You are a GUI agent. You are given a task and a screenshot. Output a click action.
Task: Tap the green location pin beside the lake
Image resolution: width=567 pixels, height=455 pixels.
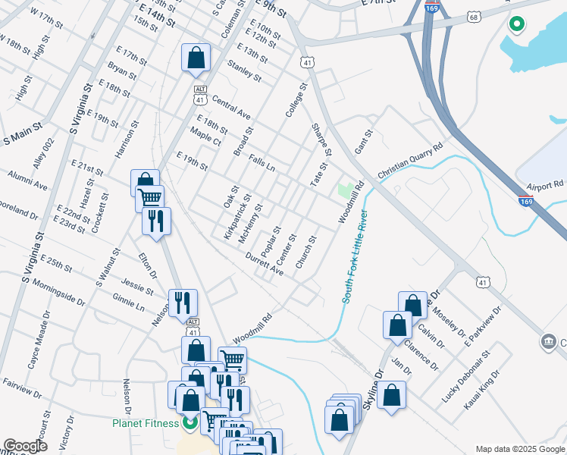coord(517,25)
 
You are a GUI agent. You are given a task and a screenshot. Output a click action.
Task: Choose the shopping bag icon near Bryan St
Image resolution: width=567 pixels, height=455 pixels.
coord(196,57)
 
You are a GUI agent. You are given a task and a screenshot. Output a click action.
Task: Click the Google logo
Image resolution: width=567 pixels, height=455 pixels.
coord(25,446)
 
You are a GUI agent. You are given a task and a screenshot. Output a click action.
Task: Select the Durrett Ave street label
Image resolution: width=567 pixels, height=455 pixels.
coord(264,264)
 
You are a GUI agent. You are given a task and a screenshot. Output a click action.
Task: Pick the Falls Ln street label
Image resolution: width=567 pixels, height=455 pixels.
coord(261,161)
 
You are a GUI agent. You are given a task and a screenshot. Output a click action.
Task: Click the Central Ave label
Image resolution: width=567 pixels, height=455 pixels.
coord(231,108)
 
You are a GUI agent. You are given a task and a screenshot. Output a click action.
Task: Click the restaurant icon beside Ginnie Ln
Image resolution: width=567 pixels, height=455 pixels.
coord(183,303)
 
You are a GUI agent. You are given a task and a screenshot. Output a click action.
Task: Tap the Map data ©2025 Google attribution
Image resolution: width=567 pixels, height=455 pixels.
coord(519,449)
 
